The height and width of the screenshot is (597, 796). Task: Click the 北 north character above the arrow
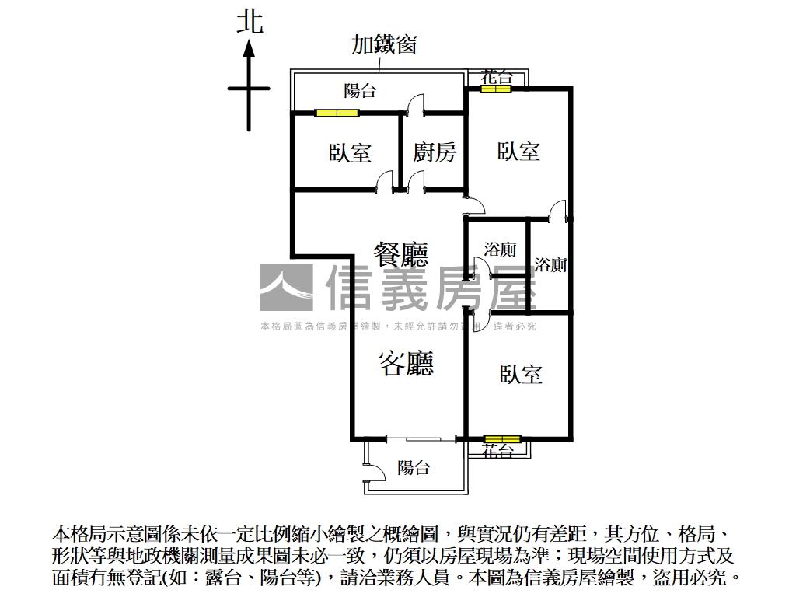(250, 21)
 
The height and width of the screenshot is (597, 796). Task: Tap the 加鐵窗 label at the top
(384, 44)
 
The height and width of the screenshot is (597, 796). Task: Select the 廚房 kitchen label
(435, 152)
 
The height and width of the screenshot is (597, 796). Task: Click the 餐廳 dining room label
(400, 253)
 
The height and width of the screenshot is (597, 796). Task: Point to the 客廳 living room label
(406, 363)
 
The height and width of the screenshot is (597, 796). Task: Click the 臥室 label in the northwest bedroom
(350, 152)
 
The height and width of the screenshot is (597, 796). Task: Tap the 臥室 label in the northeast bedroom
(518, 151)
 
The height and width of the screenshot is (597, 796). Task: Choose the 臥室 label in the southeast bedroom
(521, 375)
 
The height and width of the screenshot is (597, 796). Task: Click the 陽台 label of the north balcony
(360, 91)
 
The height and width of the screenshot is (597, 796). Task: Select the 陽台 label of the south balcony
(414, 468)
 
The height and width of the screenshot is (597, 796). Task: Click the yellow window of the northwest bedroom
(337, 113)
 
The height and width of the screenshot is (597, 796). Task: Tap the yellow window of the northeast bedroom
(495, 89)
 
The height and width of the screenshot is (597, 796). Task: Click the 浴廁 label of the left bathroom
(500, 250)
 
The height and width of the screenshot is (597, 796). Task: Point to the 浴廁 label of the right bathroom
(551, 264)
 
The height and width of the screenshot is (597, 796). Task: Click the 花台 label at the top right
(497, 76)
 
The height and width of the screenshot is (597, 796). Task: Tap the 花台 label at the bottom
(497, 451)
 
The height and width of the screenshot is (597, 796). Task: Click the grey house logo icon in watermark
(286, 288)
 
